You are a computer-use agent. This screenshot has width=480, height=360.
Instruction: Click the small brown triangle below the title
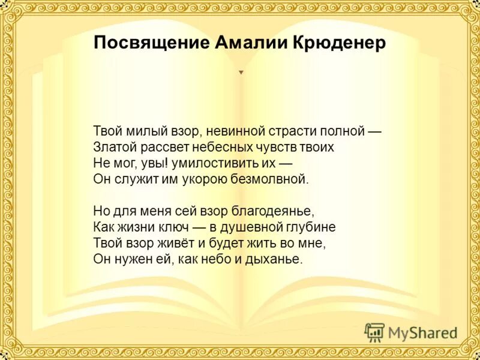tap(241, 73)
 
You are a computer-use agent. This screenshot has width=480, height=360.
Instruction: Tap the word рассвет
tap(159, 146)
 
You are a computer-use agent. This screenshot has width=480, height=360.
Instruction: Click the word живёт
tap(170, 244)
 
